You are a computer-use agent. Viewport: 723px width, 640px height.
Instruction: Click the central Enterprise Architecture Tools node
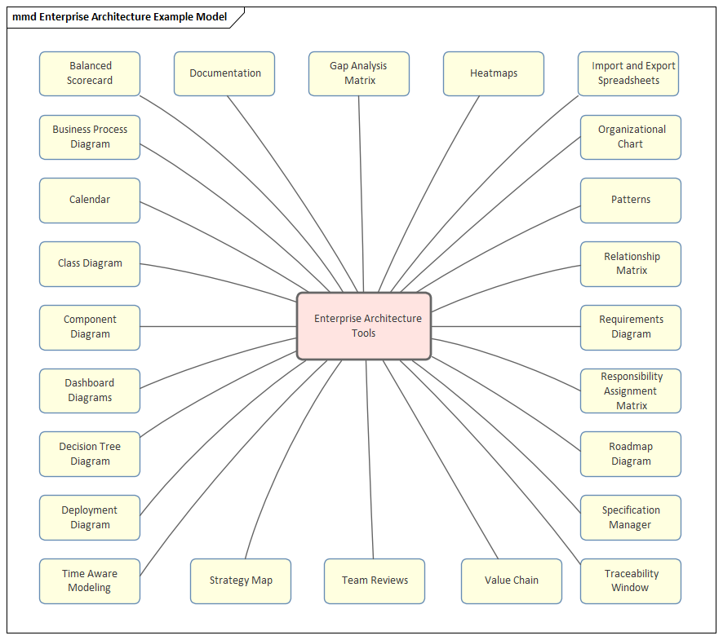(x=364, y=326)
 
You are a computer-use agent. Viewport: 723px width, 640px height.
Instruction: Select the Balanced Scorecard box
(x=90, y=73)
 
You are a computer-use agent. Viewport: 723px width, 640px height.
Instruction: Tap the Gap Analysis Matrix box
(x=359, y=73)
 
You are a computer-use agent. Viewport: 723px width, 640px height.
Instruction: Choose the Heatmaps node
(x=494, y=73)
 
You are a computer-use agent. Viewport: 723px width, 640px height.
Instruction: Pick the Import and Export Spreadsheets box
(x=628, y=73)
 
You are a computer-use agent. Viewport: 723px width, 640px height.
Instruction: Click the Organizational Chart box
(x=631, y=137)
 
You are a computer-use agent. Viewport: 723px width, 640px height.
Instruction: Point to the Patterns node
(x=631, y=200)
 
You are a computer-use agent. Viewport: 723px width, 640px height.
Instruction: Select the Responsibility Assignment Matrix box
(x=631, y=391)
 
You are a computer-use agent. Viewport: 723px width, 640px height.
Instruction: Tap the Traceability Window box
(x=631, y=580)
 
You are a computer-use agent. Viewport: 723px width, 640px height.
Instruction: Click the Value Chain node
(x=512, y=580)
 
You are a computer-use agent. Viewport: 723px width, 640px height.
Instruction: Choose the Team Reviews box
(x=375, y=580)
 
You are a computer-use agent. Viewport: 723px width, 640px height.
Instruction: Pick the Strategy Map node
(x=241, y=580)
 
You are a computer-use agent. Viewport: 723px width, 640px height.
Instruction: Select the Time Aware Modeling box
(x=90, y=580)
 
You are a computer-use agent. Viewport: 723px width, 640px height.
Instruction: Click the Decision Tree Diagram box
(x=90, y=454)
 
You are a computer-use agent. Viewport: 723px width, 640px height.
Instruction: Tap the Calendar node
(x=90, y=200)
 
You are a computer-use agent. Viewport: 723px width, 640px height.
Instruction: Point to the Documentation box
(x=224, y=73)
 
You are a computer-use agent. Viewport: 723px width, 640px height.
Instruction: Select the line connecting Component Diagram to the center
(x=219, y=327)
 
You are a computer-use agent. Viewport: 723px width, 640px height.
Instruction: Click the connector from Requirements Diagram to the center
(x=506, y=327)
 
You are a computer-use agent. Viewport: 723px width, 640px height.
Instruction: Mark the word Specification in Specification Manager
(x=631, y=510)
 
